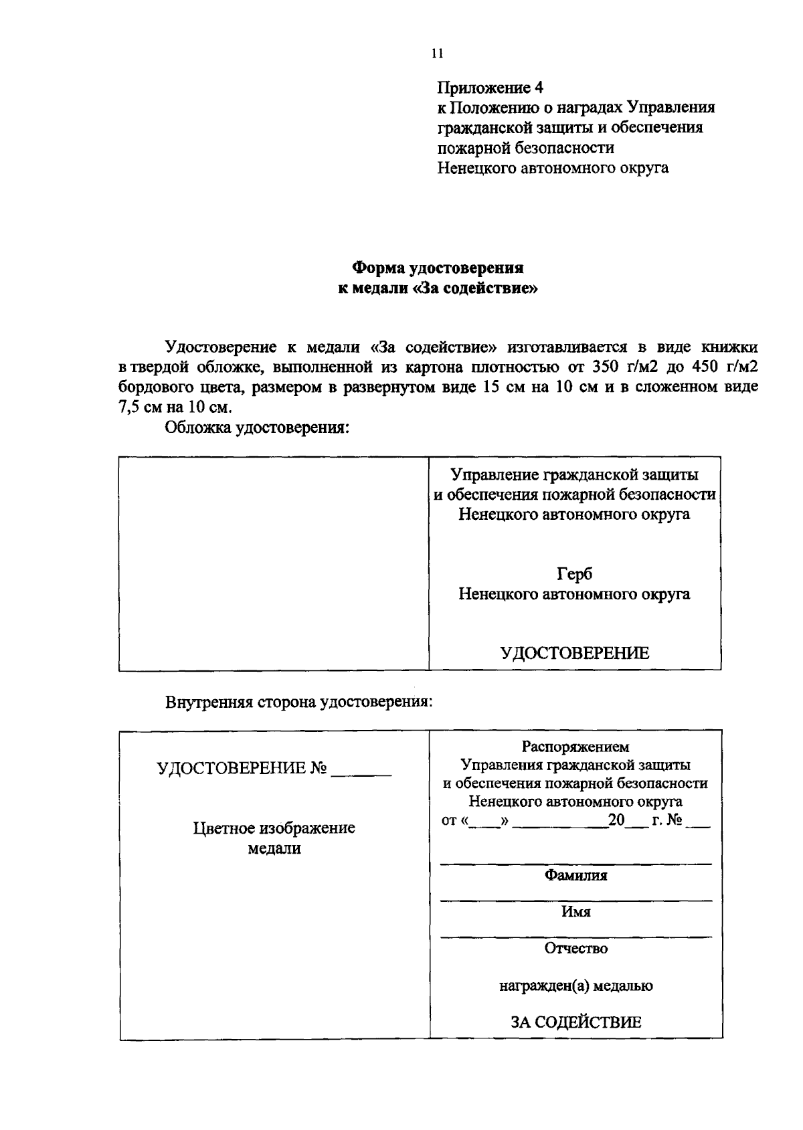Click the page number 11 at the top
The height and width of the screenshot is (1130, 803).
click(x=438, y=54)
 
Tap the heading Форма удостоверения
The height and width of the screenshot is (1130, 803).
click(x=438, y=268)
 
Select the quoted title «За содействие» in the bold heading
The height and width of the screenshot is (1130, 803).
click(x=476, y=289)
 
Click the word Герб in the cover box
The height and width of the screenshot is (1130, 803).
click(x=574, y=574)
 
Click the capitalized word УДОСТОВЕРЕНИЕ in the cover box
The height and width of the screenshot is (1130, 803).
click(x=575, y=653)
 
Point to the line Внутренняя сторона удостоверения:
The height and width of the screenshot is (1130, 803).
click(x=298, y=702)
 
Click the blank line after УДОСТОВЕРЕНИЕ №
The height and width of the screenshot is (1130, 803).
click(x=361, y=773)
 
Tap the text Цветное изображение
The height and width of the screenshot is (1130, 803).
click(x=274, y=828)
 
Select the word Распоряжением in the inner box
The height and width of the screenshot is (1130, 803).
click(x=575, y=747)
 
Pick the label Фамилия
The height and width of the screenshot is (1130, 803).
click(x=575, y=875)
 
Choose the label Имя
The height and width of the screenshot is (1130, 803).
click(x=575, y=912)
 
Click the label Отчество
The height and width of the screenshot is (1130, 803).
click(x=575, y=948)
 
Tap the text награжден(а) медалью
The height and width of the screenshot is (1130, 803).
click(x=576, y=985)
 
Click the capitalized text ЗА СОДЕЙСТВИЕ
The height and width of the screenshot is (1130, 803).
click(x=576, y=1022)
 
